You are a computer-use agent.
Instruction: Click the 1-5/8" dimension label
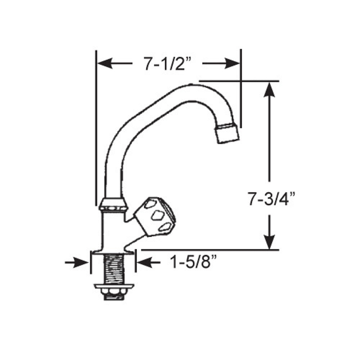[194, 263]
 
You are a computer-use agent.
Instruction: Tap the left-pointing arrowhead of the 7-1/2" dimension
[104, 64]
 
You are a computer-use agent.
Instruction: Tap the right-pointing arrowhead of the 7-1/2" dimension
[232, 64]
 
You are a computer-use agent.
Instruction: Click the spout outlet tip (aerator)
[228, 133]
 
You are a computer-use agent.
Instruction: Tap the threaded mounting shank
[112, 268]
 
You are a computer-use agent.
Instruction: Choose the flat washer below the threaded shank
[114, 287]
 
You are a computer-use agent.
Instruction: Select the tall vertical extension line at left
[96, 126]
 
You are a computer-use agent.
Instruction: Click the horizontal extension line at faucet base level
[209, 249]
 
